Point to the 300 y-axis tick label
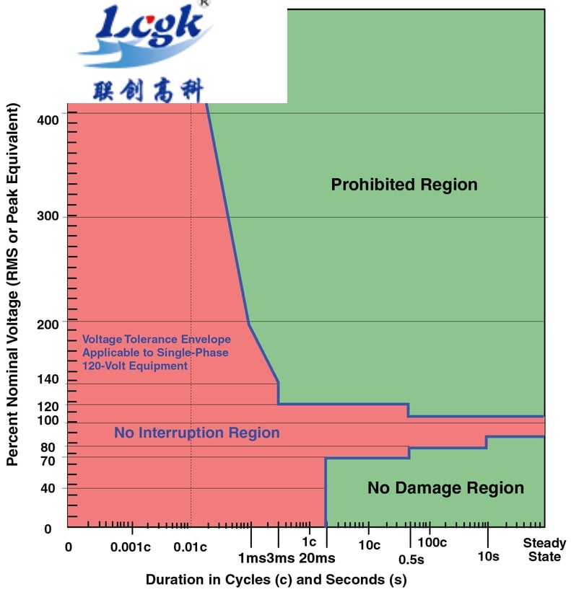click(x=48, y=216)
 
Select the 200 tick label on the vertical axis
click(x=48, y=325)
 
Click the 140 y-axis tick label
click(x=48, y=379)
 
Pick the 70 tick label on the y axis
click(x=48, y=459)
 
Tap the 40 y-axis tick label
click(x=48, y=488)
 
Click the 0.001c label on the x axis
click(x=130, y=546)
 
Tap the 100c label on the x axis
click(x=432, y=542)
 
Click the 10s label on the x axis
click(x=488, y=556)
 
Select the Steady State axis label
click(x=544, y=549)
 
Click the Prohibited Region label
click(x=404, y=185)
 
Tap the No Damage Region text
click(x=445, y=488)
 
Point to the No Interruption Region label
click(x=196, y=433)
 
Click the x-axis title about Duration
click(x=276, y=579)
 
